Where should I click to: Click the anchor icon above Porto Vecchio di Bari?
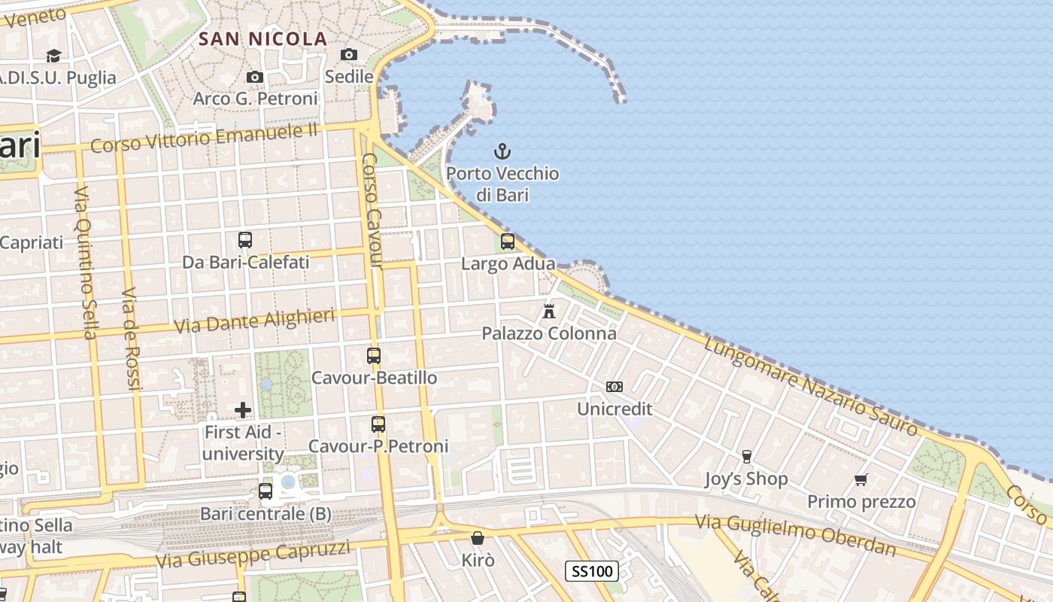502,151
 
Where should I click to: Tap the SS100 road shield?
592,571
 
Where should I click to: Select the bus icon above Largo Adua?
508,242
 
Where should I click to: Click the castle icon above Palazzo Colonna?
549,311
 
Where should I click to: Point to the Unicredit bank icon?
615,387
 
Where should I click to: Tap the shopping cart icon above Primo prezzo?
861,479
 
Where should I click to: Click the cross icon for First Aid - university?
243,409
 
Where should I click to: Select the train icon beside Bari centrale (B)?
266,491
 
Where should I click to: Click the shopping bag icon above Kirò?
477,538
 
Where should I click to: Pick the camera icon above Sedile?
349,54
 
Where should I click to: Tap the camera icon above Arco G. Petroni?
255,77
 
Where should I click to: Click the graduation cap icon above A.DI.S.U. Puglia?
53,56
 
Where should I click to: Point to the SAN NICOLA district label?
262,39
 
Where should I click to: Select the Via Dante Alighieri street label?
254,321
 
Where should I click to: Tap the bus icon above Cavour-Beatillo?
374,355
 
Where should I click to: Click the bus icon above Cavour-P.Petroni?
378,424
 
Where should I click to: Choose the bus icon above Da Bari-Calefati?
245,240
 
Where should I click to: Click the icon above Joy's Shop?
746,457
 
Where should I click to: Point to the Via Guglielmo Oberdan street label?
795,534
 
